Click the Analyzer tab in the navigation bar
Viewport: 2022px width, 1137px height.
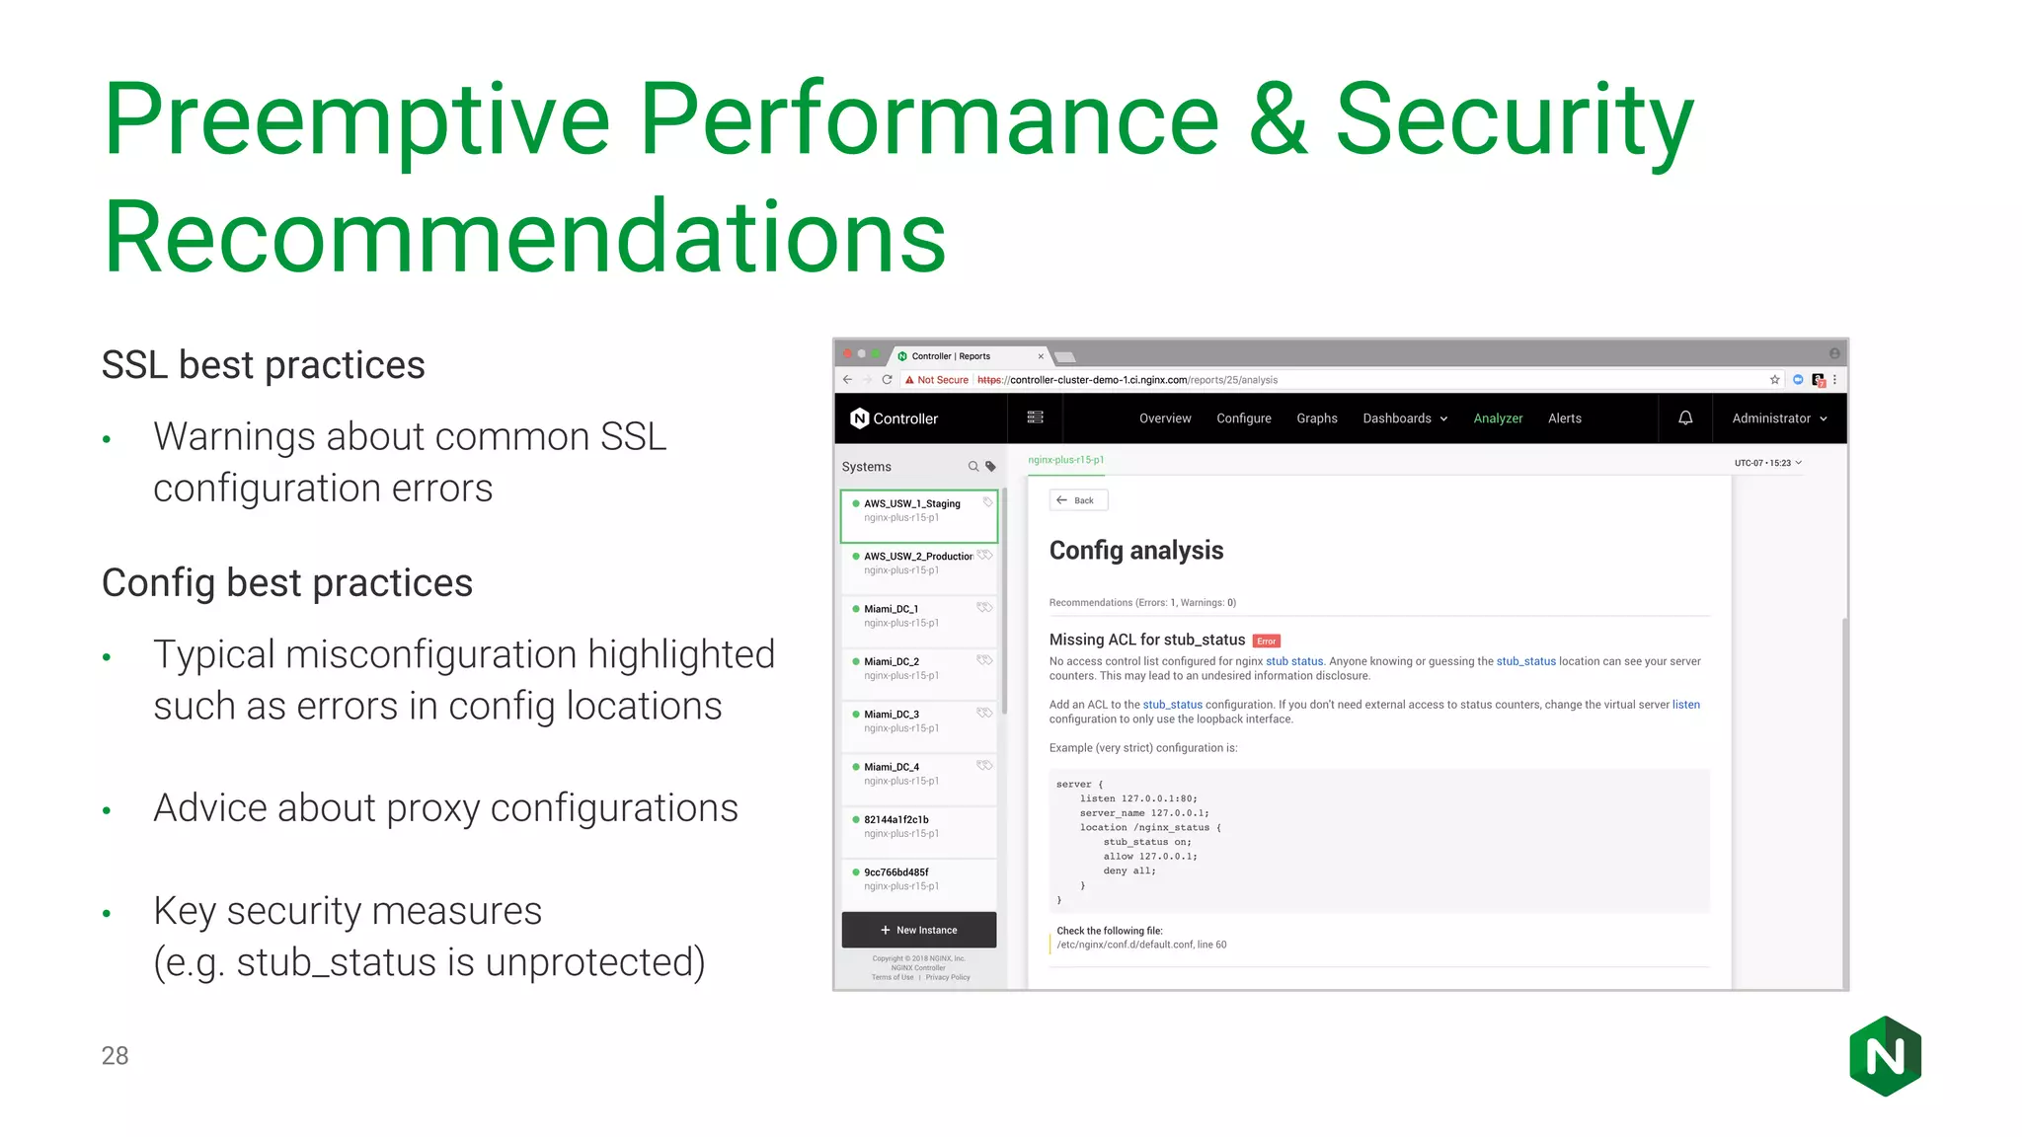coord(1498,418)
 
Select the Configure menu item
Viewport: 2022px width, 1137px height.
coord(1243,418)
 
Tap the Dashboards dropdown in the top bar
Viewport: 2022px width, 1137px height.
coord(1404,418)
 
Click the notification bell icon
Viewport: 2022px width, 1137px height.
coord(1685,417)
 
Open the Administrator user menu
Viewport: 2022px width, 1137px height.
coord(1779,418)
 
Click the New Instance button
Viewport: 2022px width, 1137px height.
coord(918,930)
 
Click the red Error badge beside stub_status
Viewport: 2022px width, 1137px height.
coord(1267,642)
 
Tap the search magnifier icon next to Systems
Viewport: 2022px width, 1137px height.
coord(973,467)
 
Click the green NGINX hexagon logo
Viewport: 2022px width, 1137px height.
coord(1885,1056)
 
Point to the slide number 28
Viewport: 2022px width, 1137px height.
coord(115,1056)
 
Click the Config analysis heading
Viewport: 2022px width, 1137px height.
coord(1135,551)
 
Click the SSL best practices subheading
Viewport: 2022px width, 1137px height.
coord(263,365)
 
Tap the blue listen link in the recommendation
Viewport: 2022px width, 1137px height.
coord(1685,705)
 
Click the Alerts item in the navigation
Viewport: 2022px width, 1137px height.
coord(1564,418)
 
